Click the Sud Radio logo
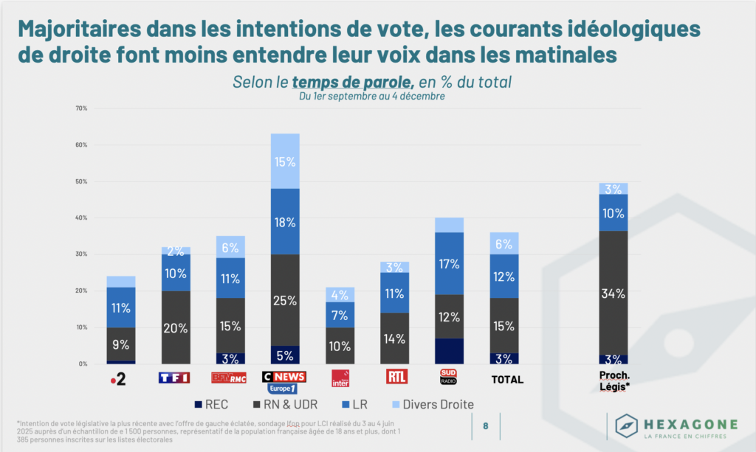[449, 377]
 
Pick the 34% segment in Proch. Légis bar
[614, 293]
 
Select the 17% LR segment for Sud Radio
[449, 263]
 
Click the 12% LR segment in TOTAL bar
[505, 277]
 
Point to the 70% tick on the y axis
[81, 108]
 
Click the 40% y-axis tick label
[81, 218]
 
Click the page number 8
[485, 425]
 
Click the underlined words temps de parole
[345, 82]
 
